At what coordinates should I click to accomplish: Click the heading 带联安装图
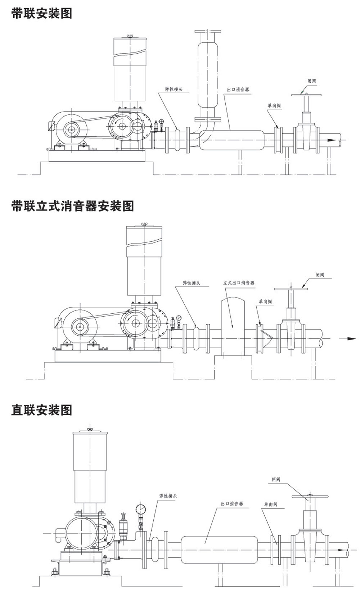coord(42,13)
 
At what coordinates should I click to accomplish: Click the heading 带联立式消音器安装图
coord(72,206)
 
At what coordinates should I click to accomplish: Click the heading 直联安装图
coord(42,410)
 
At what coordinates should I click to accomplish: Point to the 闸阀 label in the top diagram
coord(312,81)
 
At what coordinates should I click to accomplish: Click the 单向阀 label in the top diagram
coord(274,105)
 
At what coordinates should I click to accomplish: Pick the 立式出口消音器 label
coord(239,283)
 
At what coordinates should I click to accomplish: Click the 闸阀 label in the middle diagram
coord(320,275)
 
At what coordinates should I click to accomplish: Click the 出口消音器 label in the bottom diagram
coord(232,504)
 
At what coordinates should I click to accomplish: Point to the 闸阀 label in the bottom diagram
coord(276,480)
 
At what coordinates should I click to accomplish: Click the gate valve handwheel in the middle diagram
coord(290,289)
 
